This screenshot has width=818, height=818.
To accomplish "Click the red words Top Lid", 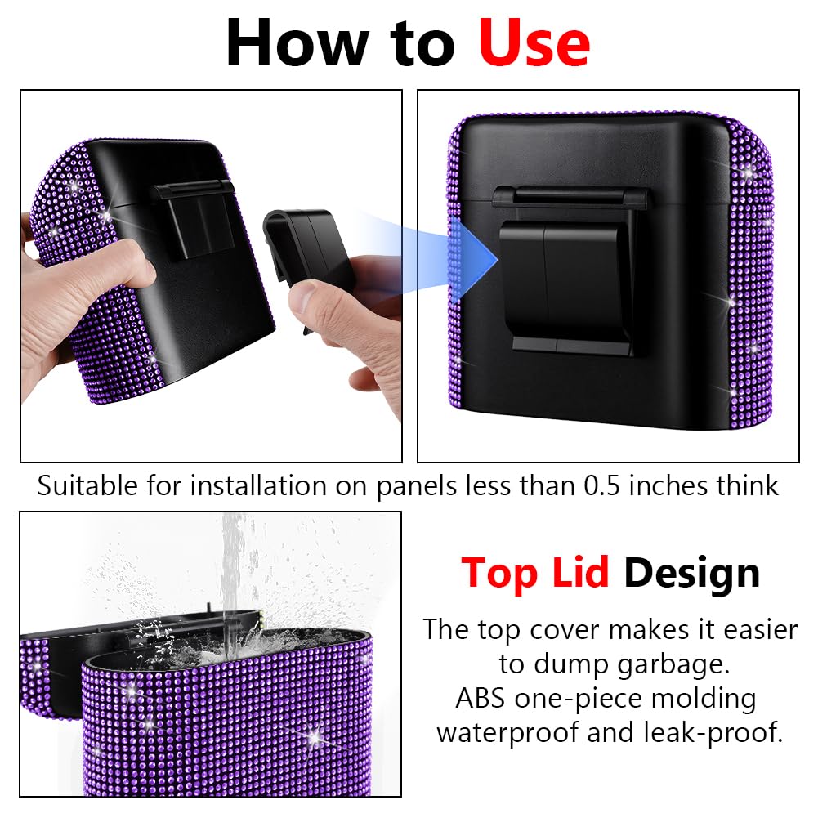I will (535, 573).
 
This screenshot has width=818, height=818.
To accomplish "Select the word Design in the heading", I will (691, 573).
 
